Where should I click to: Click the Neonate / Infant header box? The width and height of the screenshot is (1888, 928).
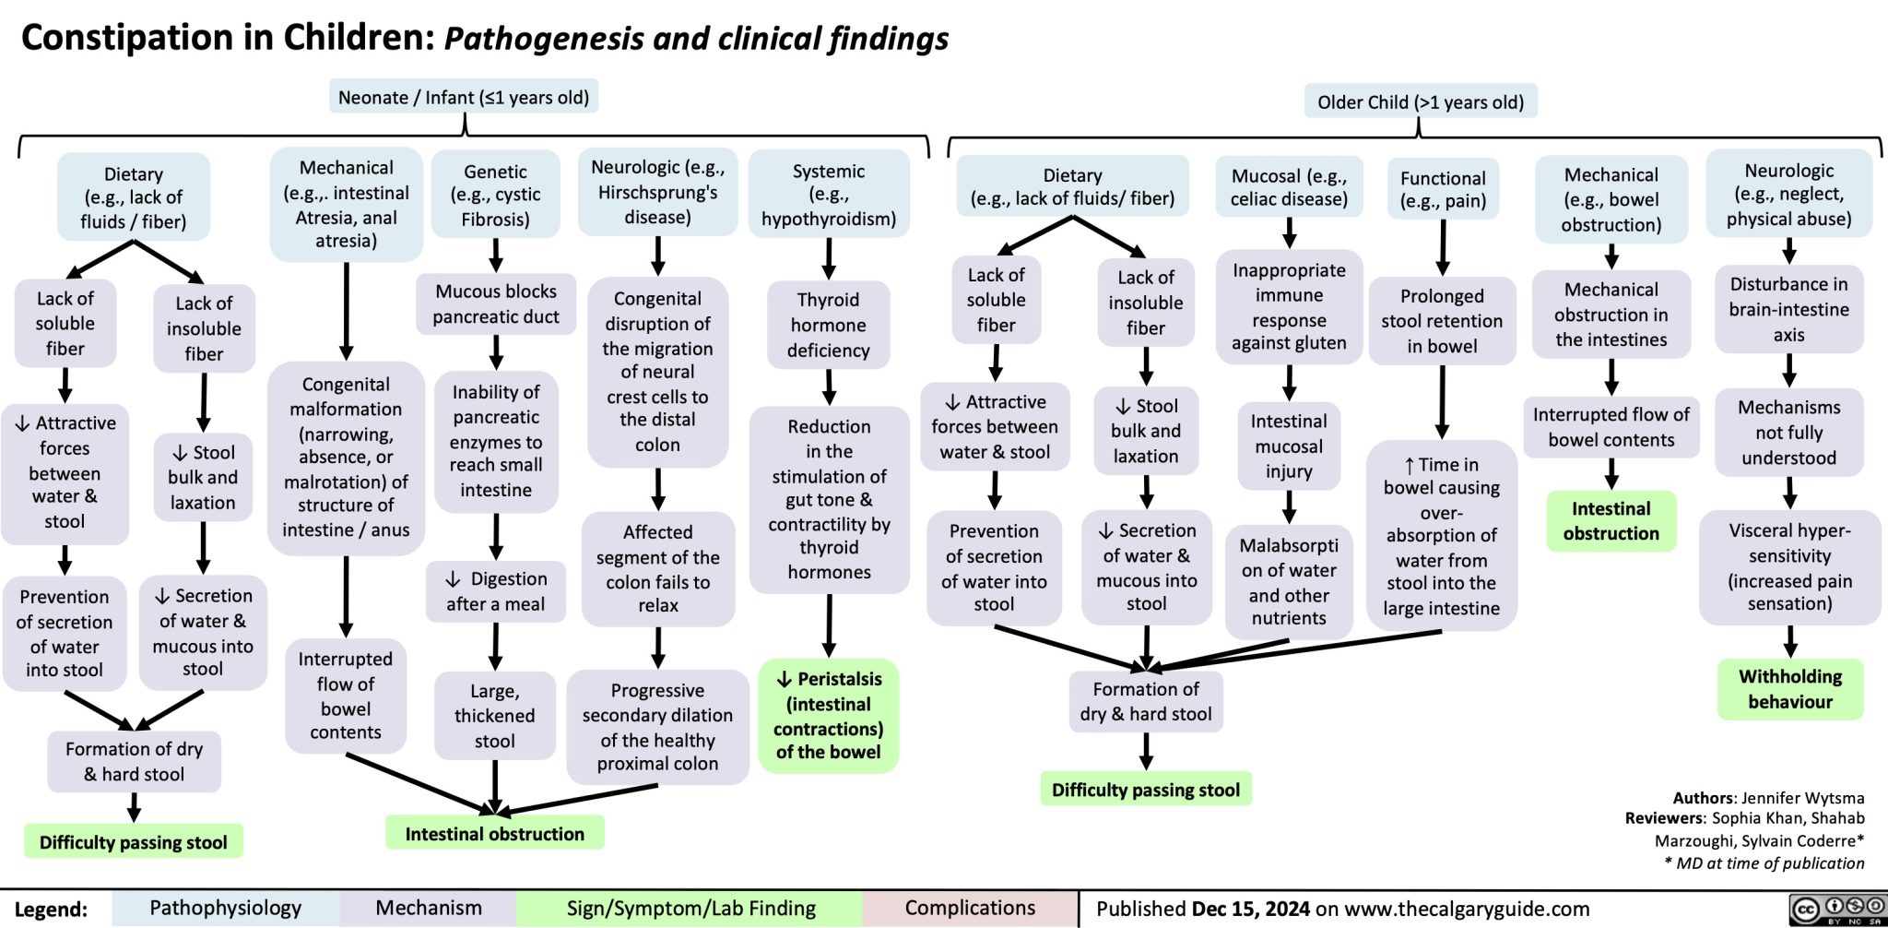[464, 97]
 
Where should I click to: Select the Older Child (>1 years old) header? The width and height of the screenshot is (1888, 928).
[1420, 101]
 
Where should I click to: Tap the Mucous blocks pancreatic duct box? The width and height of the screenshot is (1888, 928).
[496, 303]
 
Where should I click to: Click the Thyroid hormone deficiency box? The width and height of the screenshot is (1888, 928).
[828, 325]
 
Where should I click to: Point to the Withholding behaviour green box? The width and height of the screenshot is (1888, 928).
[1789, 688]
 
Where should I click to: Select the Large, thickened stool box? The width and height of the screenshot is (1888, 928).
[495, 715]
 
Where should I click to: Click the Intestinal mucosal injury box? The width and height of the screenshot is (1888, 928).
[1288, 446]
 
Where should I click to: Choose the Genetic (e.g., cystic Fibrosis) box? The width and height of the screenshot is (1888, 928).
[495, 195]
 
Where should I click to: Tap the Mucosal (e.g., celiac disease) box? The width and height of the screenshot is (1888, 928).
[1289, 187]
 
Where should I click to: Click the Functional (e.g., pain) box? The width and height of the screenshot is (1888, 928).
[1442, 189]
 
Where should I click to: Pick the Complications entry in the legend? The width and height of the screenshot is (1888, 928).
[970, 908]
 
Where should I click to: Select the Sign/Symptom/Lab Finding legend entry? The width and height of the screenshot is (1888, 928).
[690, 908]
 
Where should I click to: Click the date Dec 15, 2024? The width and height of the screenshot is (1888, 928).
[1250, 909]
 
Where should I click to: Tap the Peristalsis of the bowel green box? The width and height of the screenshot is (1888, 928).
[828, 715]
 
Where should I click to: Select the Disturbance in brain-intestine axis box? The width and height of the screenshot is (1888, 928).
[1788, 309]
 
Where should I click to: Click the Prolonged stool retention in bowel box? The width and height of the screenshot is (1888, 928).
[1442, 320]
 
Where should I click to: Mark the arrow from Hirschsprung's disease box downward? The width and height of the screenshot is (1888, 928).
[657, 256]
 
